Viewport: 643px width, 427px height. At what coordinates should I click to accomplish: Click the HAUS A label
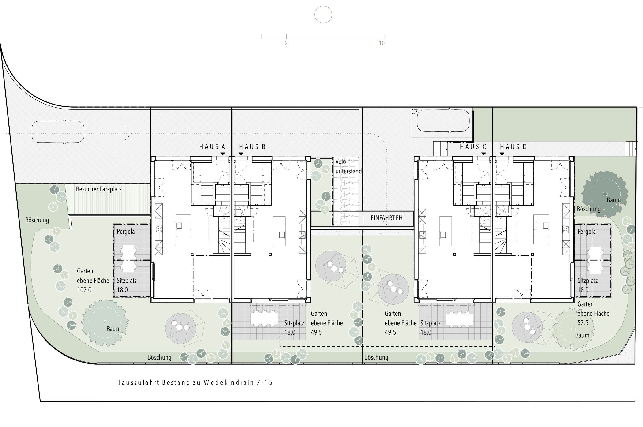tap(212, 147)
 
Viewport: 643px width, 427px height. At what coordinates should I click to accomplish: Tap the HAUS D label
tap(513, 147)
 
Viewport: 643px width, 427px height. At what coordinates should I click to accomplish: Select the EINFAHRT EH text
tap(386, 218)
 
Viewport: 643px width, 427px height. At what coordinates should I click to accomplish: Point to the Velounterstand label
tap(348, 166)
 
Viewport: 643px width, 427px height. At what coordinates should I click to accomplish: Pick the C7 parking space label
tap(414, 112)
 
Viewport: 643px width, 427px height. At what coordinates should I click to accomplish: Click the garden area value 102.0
tap(84, 290)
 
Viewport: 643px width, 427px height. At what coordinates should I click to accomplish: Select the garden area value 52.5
tap(583, 323)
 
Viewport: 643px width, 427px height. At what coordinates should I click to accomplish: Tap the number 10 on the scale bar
tap(382, 43)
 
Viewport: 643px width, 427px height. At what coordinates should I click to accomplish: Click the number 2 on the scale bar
tap(286, 43)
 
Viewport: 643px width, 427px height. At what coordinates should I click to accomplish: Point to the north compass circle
tap(323, 15)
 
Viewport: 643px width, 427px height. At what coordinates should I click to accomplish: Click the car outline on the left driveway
tap(58, 132)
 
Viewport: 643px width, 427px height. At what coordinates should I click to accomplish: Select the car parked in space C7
tap(443, 121)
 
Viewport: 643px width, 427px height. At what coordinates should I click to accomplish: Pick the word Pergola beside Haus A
tap(126, 232)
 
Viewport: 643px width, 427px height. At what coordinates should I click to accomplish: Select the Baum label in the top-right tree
tap(614, 200)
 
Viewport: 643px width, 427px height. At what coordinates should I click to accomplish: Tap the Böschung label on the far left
tap(37, 220)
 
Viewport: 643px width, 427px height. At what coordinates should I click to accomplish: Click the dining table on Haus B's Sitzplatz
tap(264, 318)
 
